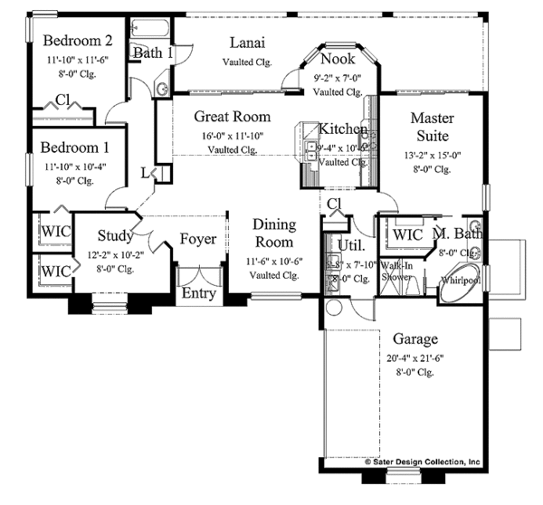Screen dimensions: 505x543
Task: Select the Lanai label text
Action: click(x=246, y=43)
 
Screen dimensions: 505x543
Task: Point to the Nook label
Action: click(x=337, y=60)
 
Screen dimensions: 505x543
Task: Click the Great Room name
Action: click(x=233, y=117)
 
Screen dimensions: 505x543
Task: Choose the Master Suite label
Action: click(x=432, y=127)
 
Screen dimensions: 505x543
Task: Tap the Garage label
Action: click(x=416, y=339)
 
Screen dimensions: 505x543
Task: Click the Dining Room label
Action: click(x=272, y=233)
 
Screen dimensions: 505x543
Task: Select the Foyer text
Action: click(x=197, y=239)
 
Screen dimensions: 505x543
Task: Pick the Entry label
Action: click(x=199, y=294)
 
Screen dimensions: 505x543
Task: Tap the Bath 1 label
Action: click(x=153, y=53)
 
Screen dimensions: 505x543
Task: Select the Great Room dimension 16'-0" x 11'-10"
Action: click(x=233, y=136)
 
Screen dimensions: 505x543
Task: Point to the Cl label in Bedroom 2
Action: click(x=63, y=100)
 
